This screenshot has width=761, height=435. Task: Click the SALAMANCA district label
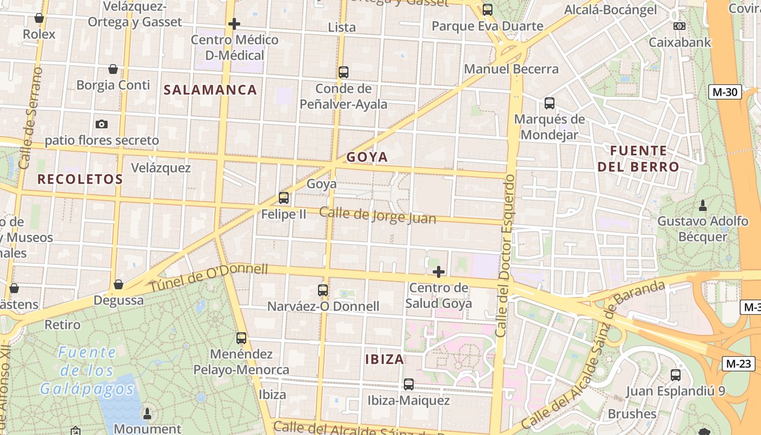click(210, 90)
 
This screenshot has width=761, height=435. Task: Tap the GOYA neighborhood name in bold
click(367, 157)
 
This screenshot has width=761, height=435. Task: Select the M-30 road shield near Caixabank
click(725, 92)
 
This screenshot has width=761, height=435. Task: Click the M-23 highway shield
click(738, 364)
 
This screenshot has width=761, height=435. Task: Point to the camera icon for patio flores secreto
click(101, 125)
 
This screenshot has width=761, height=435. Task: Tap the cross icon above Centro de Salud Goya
click(438, 272)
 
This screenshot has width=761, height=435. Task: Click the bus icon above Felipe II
click(283, 198)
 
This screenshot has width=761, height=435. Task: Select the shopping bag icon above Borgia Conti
click(113, 69)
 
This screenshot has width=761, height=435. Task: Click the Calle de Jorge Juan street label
click(377, 215)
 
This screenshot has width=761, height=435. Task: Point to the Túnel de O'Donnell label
click(209, 277)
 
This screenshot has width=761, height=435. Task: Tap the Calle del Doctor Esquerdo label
click(505, 256)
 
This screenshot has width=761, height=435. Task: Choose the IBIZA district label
click(384, 359)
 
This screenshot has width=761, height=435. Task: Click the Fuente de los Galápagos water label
click(86, 371)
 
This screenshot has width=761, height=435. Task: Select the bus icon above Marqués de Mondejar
click(549, 103)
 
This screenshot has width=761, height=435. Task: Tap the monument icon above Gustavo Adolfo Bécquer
click(702, 206)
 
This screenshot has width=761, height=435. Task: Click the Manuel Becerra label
click(511, 69)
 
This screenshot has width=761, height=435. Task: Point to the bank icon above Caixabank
click(679, 26)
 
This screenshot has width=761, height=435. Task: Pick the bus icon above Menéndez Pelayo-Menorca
click(241, 338)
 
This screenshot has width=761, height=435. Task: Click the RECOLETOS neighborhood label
click(80, 179)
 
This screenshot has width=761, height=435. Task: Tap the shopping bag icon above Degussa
click(118, 284)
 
